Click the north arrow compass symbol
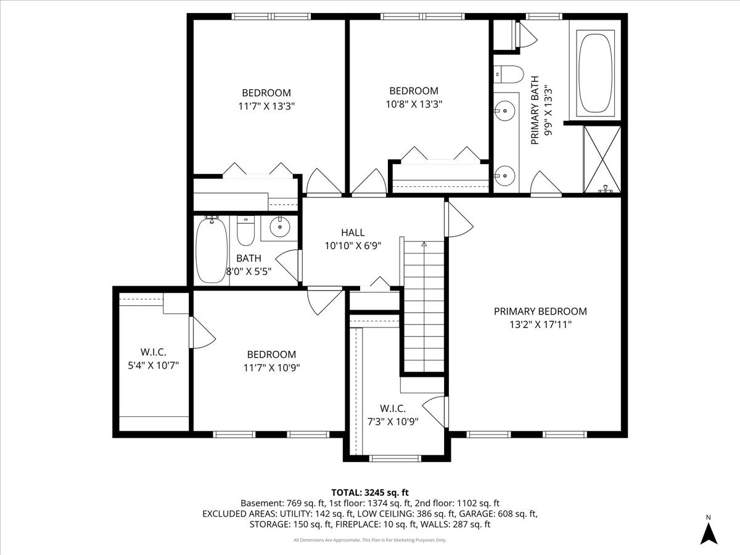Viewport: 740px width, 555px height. [709, 532]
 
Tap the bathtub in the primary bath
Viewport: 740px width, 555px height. [595, 73]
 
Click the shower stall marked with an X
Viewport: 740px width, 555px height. [601, 157]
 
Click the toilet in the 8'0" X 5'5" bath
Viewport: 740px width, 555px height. [246, 231]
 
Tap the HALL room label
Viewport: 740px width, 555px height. [353, 232]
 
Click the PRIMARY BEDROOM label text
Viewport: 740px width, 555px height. [540, 311]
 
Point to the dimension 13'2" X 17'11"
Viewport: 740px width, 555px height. [540, 324]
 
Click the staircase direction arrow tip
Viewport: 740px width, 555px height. [424, 244]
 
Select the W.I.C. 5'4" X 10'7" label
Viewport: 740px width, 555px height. [153, 358]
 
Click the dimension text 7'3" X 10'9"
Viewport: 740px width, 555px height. [392, 422]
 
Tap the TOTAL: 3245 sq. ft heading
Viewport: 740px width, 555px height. [370, 492]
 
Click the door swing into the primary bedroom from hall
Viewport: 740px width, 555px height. [459, 219]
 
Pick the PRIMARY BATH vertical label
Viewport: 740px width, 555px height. [535, 110]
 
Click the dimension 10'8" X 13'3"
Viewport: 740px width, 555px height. [414, 104]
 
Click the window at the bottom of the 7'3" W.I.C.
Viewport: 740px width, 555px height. [395, 458]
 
